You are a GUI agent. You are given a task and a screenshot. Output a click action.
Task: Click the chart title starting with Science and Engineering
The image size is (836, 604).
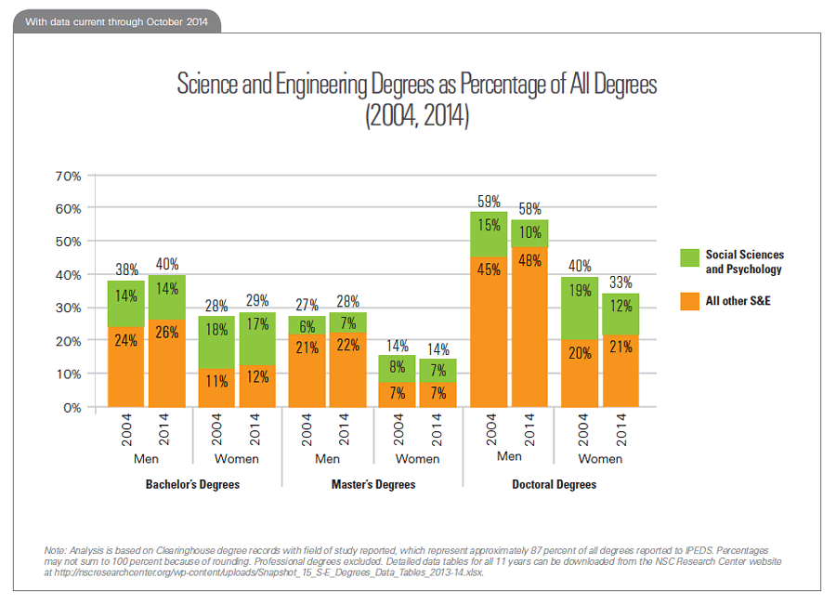coord(417,85)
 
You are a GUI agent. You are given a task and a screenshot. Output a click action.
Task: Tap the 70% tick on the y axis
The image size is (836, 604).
coord(71,175)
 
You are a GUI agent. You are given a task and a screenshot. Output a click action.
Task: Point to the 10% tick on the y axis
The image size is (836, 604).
coord(71,374)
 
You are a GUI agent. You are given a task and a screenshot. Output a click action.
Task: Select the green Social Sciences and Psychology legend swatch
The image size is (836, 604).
coord(688,260)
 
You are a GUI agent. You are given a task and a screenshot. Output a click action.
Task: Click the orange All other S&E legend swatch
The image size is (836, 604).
coord(688,301)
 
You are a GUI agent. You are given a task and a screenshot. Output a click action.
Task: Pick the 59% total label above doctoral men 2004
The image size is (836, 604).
coord(490,201)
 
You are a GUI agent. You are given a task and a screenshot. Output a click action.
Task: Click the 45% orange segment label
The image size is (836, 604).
coord(490,270)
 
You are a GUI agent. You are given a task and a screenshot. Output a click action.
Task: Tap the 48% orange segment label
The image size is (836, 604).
coord(530,261)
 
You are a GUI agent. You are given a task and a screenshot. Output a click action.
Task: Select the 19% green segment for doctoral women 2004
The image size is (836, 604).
coord(580,291)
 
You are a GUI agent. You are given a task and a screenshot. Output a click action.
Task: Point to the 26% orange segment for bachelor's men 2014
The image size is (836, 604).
coord(167,332)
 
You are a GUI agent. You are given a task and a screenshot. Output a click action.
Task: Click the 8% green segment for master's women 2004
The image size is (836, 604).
coord(398,366)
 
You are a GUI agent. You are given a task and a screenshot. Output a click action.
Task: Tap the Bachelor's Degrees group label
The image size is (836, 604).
coord(192,485)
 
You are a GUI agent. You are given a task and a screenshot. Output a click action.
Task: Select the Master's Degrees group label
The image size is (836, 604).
coord(373,485)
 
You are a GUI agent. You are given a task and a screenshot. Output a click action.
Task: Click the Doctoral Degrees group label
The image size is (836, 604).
coord(554,485)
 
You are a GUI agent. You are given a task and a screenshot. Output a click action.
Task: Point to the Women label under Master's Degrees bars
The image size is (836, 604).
coord(417,459)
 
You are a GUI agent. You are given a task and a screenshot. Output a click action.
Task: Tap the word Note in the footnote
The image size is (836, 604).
coord(56,551)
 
